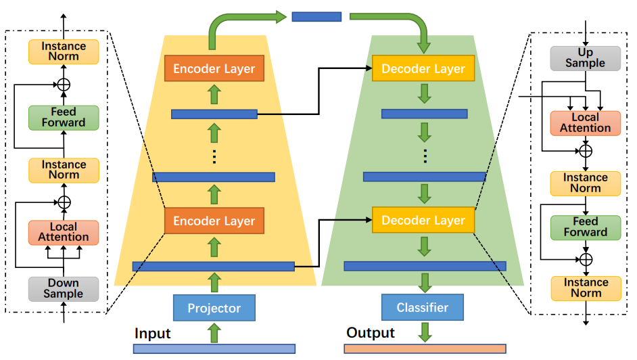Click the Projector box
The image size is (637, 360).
pos(214,308)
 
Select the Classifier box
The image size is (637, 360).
pos(423,307)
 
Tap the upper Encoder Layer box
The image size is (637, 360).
pos(214,68)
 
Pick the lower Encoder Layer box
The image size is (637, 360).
pos(214,221)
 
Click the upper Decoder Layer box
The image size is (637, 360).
pos(423,68)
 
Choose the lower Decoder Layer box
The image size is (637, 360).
pos(423,221)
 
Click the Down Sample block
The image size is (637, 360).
pos(64,289)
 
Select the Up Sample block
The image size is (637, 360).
pos(586,58)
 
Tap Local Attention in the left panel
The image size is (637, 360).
pos(64,232)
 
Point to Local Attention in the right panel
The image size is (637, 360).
pos(586,123)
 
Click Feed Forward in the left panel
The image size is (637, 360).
pos(64,117)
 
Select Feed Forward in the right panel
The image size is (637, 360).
pos(586,227)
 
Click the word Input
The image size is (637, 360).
pos(153,334)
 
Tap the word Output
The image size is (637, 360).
pos(371,333)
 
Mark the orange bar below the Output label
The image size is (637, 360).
pos(425,349)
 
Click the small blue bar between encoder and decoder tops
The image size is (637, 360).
pos(316,16)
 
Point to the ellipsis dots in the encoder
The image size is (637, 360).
pos(214,156)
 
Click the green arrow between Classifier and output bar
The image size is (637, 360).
pos(425,332)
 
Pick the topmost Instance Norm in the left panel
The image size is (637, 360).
pos(64,51)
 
